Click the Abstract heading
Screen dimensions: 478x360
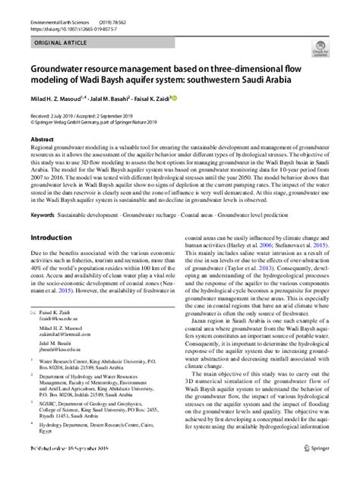click(x=42, y=140)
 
